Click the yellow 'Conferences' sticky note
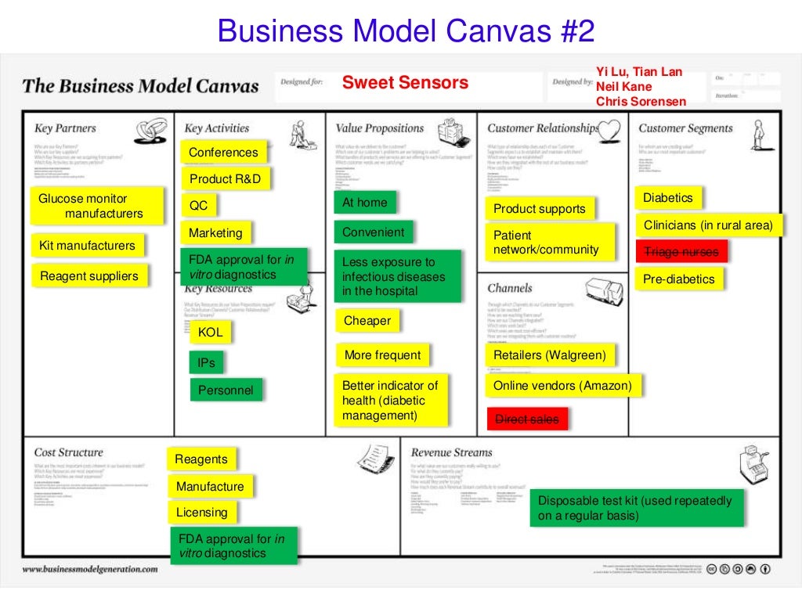(x=223, y=153)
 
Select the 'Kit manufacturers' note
(x=88, y=246)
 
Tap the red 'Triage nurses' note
(x=681, y=251)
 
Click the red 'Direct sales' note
(x=527, y=419)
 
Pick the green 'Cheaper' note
(x=367, y=321)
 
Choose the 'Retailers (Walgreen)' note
(x=550, y=355)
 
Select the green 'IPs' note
(x=207, y=363)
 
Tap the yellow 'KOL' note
(x=210, y=333)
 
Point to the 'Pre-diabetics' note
(x=679, y=279)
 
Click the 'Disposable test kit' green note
(x=635, y=508)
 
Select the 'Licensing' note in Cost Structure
(x=202, y=513)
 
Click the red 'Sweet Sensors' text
(x=405, y=83)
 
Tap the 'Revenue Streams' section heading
(x=451, y=452)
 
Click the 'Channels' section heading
(x=509, y=288)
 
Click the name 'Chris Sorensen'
(x=641, y=101)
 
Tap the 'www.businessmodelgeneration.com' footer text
(x=89, y=570)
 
